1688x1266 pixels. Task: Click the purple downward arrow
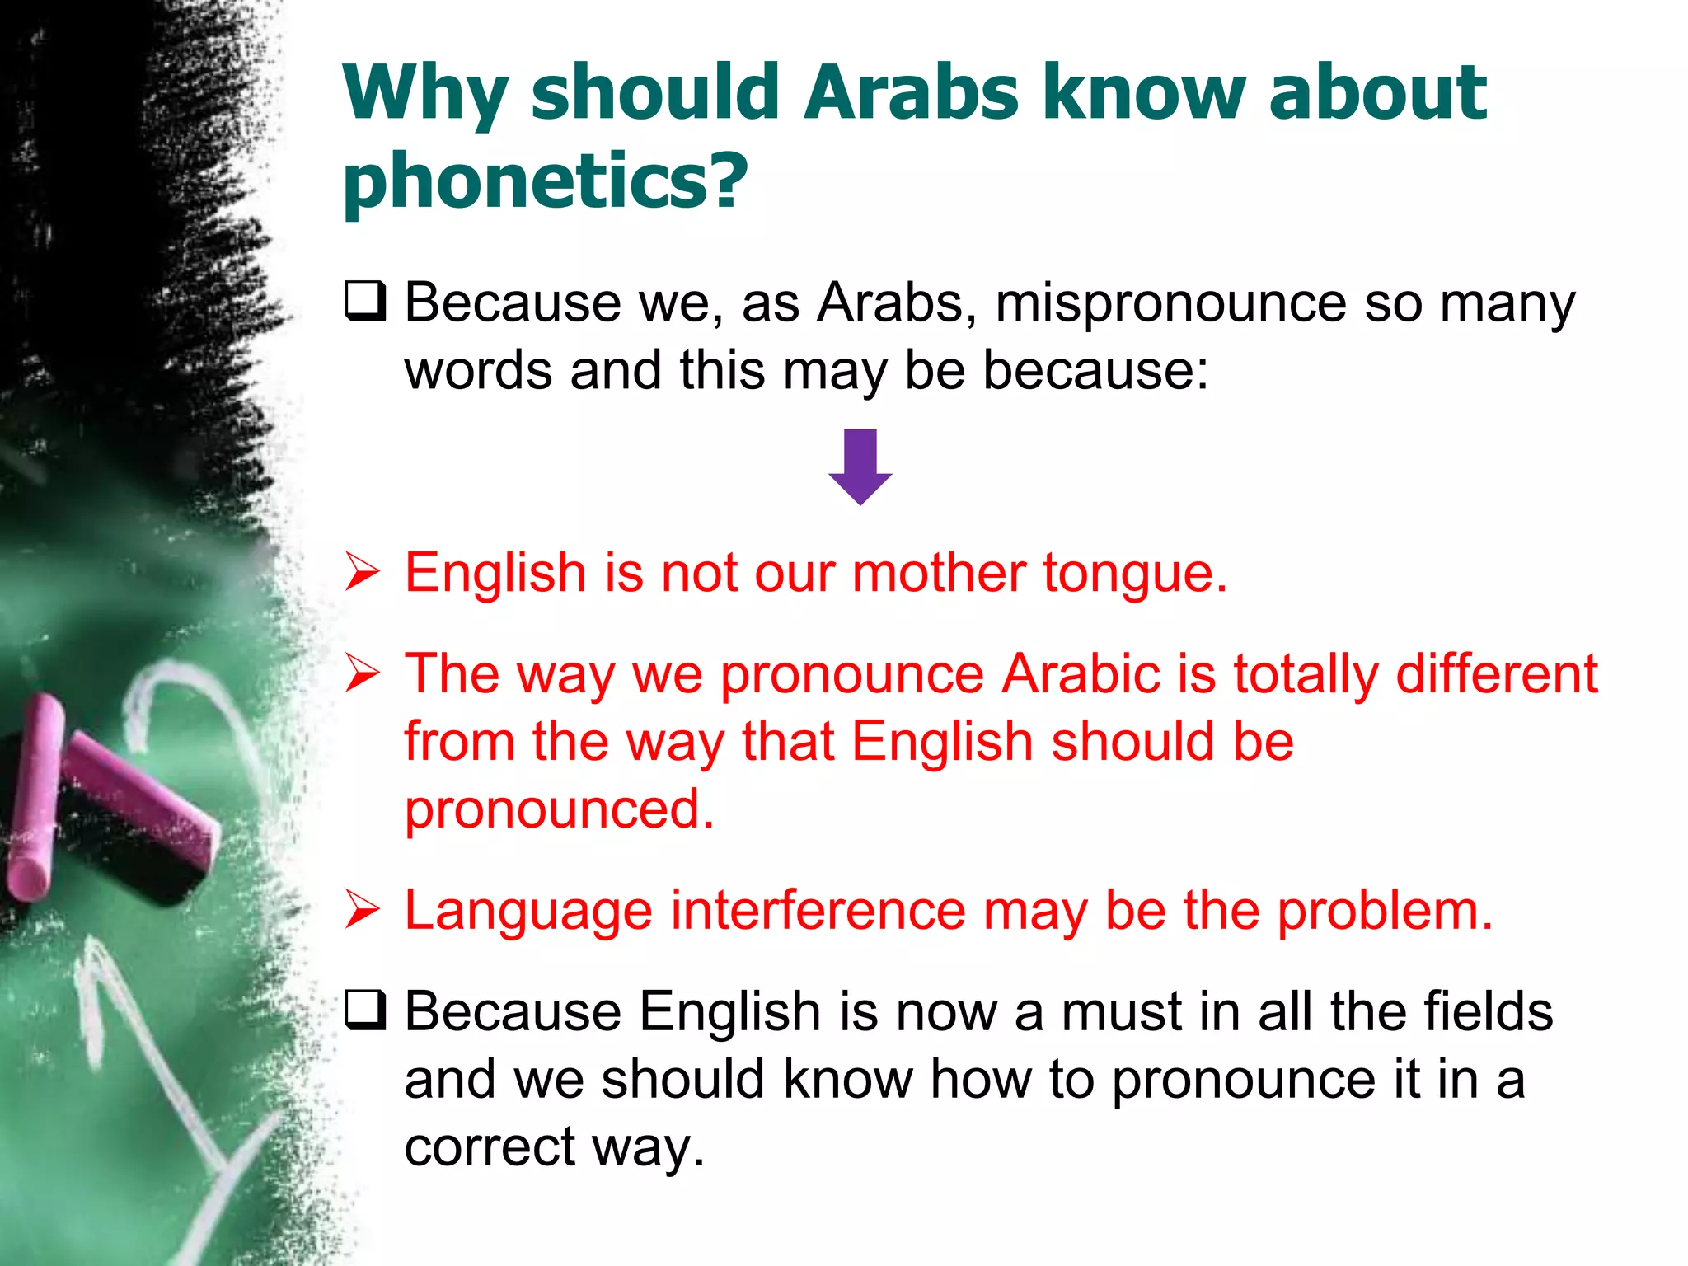click(x=860, y=467)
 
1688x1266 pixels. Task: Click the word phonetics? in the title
click(x=545, y=181)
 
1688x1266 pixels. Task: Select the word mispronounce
click(x=1170, y=303)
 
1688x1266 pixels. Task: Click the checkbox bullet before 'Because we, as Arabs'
click(x=365, y=301)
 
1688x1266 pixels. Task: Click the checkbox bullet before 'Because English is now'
click(x=365, y=1010)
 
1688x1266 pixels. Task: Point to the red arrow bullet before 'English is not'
click(x=363, y=572)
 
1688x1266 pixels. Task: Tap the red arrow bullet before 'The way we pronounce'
click(x=363, y=673)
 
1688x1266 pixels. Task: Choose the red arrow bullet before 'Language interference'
click(x=363, y=910)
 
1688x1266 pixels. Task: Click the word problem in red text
click(x=1385, y=911)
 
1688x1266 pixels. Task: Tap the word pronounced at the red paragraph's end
click(x=559, y=809)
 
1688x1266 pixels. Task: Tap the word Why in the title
click(x=424, y=95)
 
